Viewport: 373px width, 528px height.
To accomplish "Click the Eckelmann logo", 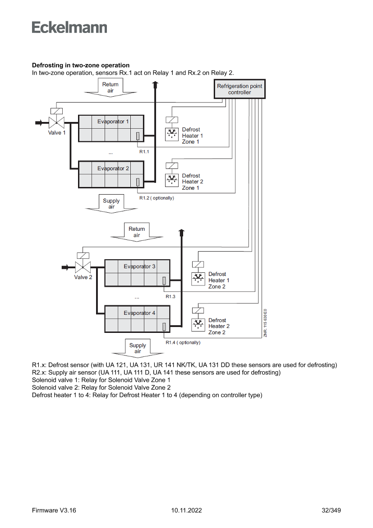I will (x=69, y=28).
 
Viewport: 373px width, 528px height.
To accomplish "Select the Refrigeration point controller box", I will (x=239, y=89).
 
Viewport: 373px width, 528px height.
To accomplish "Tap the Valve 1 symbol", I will (x=56, y=122).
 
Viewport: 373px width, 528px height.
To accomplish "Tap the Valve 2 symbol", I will (x=83, y=266).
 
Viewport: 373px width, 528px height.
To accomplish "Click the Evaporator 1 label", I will (x=113, y=121).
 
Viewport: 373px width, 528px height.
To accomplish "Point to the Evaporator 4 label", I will (x=139, y=313).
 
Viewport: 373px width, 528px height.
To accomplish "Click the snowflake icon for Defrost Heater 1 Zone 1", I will (x=172, y=134).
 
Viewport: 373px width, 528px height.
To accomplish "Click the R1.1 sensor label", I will (x=144, y=151).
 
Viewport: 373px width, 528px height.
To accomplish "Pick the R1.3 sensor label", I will (x=170, y=296).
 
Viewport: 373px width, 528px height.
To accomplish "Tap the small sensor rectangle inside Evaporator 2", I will (x=138, y=182).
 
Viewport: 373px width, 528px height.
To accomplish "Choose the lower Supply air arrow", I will (x=138, y=348).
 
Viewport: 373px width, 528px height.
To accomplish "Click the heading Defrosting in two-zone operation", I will (x=81, y=65).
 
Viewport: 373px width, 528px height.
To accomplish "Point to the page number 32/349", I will (x=331, y=510).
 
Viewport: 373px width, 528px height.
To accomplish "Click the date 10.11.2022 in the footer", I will (x=187, y=510).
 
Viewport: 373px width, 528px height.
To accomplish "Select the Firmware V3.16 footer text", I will (x=54, y=510).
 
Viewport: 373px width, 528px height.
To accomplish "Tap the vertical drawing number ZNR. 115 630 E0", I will (x=266, y=323).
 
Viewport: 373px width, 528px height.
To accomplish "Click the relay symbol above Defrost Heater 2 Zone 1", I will (x=172, y=166).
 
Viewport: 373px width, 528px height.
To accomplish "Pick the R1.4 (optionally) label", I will (x=183, y=342).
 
